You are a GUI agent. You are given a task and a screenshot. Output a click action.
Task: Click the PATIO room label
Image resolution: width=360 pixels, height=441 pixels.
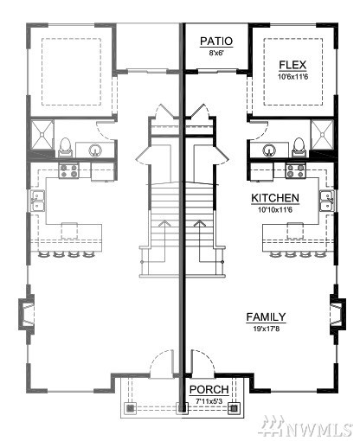[216, 42]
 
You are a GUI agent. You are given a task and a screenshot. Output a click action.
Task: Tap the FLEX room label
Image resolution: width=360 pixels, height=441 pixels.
[292, 65]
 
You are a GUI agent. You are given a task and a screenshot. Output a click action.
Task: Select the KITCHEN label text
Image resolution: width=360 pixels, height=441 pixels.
[275, 198]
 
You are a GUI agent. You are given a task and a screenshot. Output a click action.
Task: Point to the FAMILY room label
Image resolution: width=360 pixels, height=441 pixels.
[266, 317]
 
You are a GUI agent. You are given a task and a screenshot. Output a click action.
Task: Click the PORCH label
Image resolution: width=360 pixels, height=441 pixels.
[209, 390]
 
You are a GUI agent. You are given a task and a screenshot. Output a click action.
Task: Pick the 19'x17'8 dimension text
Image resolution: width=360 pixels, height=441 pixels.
[267, 329]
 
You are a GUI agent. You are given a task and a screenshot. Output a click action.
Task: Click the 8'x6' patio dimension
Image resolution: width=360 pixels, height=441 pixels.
[216, 53]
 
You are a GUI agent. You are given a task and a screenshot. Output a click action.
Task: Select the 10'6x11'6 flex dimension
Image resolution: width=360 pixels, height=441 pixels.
[292, 77]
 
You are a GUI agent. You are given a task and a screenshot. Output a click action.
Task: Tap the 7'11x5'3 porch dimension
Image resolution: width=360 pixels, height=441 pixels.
[209, 401]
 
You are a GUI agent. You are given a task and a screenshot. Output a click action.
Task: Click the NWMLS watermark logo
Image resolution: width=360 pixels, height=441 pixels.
[305, 426]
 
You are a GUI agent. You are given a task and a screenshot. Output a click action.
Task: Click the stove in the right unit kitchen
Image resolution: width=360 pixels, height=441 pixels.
[295, 170]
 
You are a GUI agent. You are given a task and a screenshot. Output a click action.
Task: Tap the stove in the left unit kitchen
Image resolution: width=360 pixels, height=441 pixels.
[68, 170]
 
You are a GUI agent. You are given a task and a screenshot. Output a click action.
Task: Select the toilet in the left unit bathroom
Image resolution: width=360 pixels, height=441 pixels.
[65, 147]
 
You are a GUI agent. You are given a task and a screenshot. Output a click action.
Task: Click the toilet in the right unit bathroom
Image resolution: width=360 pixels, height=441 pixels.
[299, 147]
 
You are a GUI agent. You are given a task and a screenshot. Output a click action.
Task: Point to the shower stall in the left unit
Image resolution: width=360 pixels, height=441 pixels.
[42, 135]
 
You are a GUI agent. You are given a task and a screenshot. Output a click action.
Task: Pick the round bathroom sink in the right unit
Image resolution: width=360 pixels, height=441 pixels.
[269, 150]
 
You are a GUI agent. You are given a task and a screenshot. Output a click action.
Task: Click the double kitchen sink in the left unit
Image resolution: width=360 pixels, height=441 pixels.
[38, 201]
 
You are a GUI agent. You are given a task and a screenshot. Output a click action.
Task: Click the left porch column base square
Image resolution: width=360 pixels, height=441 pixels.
[130, 408]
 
